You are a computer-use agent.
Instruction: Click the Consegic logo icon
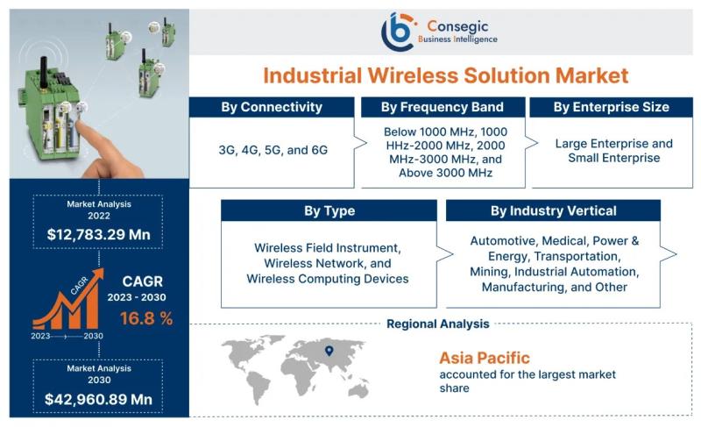[x=398, y=32]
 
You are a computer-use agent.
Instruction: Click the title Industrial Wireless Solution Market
[x=446, y=75]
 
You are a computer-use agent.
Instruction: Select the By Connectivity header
[x=272, y=107]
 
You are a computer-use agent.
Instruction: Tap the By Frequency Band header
[x=443, y=107]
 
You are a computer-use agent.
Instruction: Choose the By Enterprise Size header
[x=611, y=107]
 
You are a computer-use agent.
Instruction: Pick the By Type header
[x=329, y=210]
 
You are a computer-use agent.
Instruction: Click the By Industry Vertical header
[x=554, y=210]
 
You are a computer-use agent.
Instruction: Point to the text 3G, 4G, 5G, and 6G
[x=273, y=150]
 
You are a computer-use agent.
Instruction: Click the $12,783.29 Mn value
[x=99, y=234]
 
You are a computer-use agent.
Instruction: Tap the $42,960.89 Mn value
[x=99, y=399]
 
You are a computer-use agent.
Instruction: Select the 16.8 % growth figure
[x=146, y=318]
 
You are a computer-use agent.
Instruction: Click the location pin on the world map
[x=329, y=351]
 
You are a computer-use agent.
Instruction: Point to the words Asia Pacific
[x=485, y=358]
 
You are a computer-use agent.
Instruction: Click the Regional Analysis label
[x=438, y=324]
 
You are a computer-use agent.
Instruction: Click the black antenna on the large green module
[x=44, y=72]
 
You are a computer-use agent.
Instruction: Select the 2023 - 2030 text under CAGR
[x=137, y=297]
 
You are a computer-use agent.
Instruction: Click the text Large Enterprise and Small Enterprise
[x=614, y=151]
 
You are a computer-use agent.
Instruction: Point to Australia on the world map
[x=358, y=391]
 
